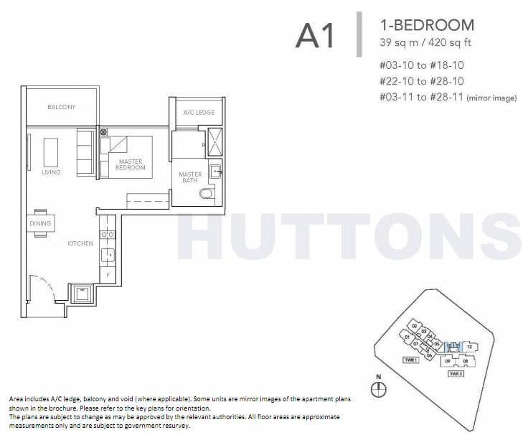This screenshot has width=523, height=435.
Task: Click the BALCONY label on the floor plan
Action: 61,107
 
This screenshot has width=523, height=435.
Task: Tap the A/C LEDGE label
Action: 194,112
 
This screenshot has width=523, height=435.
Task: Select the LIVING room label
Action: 51,172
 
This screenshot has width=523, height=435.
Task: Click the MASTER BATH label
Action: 190,177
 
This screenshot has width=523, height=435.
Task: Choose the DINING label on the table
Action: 40,224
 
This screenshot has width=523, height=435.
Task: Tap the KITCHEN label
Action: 80,243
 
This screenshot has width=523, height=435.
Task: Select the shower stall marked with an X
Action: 214,141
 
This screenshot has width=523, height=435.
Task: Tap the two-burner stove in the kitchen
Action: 108,235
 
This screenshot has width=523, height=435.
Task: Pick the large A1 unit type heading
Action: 315,35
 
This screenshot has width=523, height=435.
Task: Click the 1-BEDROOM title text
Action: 427,25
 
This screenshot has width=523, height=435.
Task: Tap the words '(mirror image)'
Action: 491,98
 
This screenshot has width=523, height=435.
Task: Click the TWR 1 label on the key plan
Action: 410,359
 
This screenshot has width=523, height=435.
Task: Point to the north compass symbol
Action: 379,388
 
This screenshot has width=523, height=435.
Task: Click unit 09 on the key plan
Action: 449,361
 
